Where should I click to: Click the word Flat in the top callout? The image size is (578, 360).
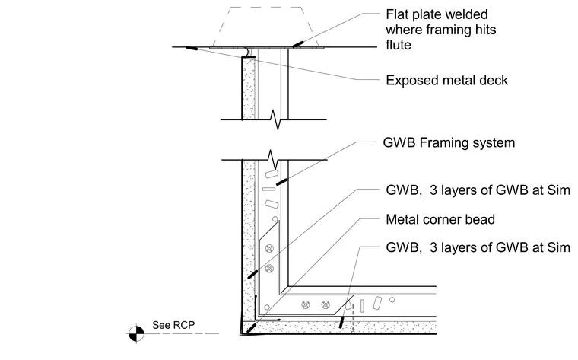click(x=398, y=14)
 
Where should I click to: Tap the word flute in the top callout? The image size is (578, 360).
click(x=398, y=45)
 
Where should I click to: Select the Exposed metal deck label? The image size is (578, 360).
click(x=446, y=81)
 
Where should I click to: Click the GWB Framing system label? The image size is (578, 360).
click(x=449, y=143)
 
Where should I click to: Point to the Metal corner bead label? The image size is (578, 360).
click(x=440, y=219)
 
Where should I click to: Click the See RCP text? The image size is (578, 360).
click(x=173, y=325)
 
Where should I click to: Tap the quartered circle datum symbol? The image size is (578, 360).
click(x=136, y=333)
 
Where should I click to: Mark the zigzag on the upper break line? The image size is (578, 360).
click(x=276, y=119)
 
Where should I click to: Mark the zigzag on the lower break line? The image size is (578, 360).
click(x=273, y=160)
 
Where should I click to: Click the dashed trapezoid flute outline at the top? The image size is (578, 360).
click(x=266, y=8)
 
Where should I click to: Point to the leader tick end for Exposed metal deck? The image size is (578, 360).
click(x=192, y=48)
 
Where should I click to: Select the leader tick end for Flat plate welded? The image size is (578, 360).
click(x=298, y=44)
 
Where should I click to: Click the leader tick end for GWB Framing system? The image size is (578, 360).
click(x=281, y=181)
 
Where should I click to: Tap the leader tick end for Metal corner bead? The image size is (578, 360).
click(x=252, y=328)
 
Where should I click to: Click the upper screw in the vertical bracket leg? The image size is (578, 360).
click(x=269, y=248)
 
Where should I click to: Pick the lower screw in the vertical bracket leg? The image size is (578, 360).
click(x=269, y=268)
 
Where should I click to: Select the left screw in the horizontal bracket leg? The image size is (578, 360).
click(x=306, y=304)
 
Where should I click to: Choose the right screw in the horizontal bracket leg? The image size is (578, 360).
click(x=326, y=304)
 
